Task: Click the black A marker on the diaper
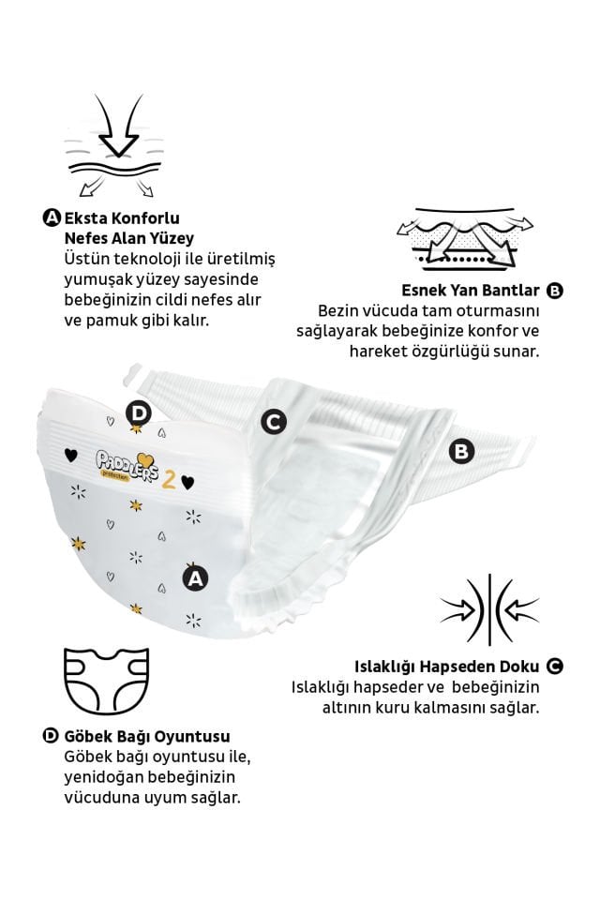195,578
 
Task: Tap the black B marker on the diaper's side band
461,451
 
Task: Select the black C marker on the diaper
273,422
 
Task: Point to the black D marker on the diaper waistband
139,412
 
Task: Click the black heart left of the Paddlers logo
70,455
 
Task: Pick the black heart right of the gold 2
187,482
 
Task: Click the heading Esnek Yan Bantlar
471,290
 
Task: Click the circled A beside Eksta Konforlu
52,217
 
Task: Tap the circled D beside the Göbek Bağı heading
52,736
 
